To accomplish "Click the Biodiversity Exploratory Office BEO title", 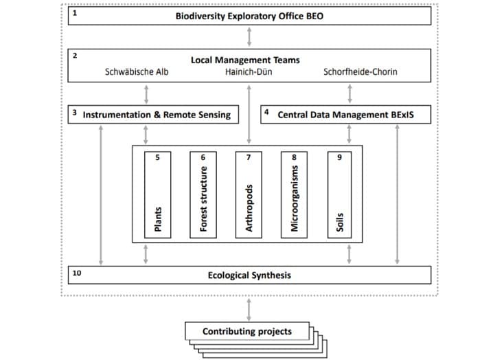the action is point(249,16).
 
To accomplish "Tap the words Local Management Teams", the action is point(245,60).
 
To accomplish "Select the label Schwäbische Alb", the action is point(137,71).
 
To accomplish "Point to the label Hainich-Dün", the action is point(249,71).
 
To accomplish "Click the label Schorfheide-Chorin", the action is point(360,71).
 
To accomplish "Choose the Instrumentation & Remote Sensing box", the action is point(153,114).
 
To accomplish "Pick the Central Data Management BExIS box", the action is point(345,114).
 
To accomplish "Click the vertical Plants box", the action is point(158,195).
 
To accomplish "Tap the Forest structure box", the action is point(203,195).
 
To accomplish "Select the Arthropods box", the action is point(249,195).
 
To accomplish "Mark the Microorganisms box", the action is point(294,195).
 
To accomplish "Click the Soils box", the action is point(339,195).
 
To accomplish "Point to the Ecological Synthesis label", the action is point(249,275).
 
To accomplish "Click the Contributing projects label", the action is point(247,331).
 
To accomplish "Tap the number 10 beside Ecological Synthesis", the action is point(77,273).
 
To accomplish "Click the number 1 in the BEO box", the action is point(75,13).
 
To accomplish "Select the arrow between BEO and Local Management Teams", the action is point(249,37).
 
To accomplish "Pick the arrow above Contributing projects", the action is point(249,310).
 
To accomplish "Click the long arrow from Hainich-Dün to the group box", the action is point(249,114).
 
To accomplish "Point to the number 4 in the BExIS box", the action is point(266,112).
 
